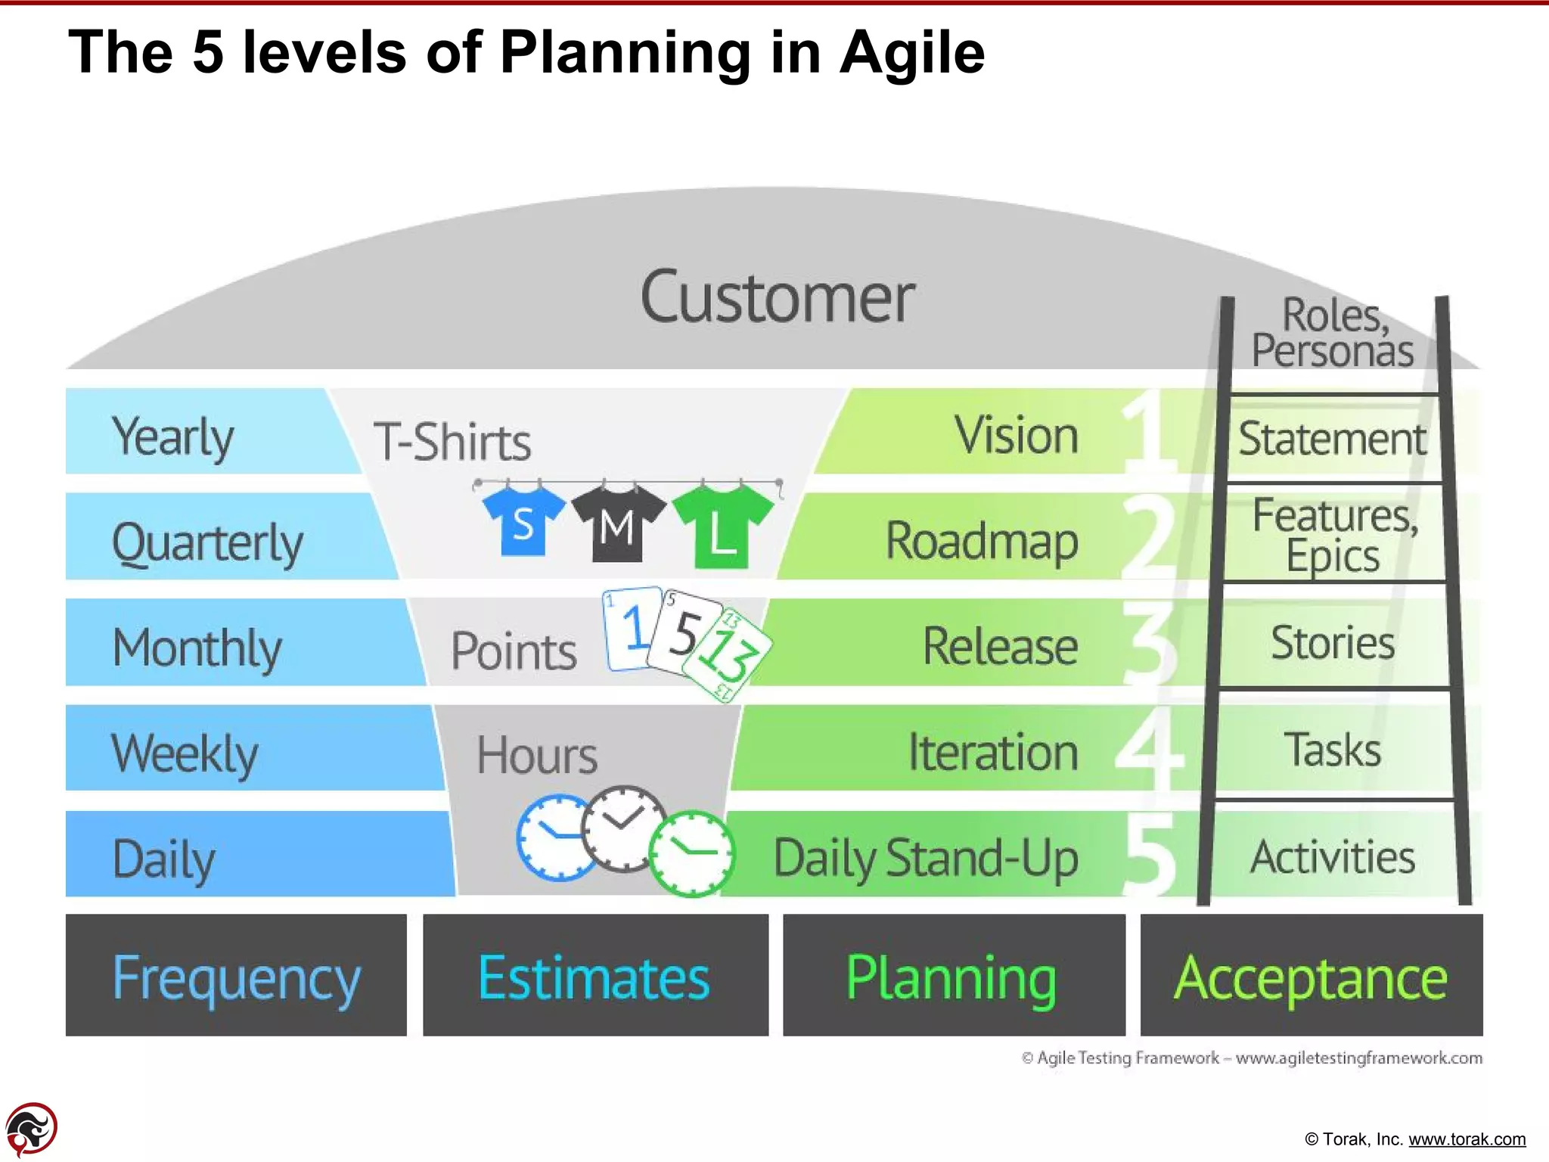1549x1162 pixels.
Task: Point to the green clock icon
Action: [691, 853]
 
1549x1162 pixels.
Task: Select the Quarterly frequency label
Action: [207, 542]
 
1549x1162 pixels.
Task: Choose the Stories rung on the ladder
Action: [1333, 643]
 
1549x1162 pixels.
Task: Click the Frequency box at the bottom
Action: [236, 976]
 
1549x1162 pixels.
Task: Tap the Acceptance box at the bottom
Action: [1311, 976]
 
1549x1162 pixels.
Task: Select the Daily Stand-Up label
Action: [925, 859]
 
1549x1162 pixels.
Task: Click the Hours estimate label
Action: [536, 755]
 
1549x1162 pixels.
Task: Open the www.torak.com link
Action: [1467, 1139]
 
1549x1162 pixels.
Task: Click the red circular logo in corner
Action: [31, 1129]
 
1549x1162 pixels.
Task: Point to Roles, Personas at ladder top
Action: [1333, 333]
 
